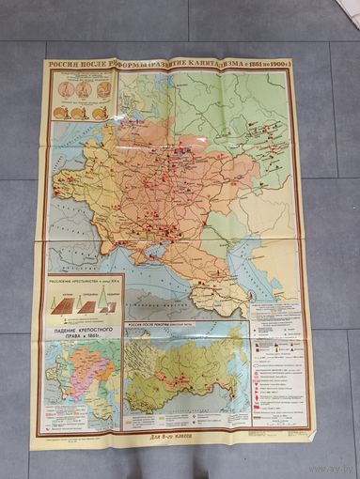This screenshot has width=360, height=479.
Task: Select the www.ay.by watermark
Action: click(321, 466)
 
